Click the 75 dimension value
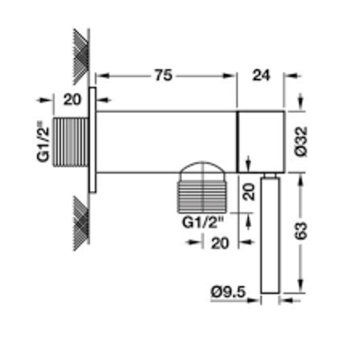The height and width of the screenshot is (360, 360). click(x=163, y=75)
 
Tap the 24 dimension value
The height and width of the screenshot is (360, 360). click(x=261, y=76)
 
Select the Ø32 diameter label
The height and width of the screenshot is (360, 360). click(x=302, y=142)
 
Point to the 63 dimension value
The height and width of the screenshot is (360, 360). click(x=301, y=231)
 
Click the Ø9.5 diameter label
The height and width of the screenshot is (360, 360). click(x=228, y=292)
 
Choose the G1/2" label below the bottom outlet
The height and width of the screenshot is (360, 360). click(x=203, y=222)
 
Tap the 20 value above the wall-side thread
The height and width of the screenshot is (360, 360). click(x=72, y=99)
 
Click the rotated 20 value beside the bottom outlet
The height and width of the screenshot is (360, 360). click(x=249, y=192)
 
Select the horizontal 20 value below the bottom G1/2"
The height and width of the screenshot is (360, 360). click(x=220, y=244)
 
